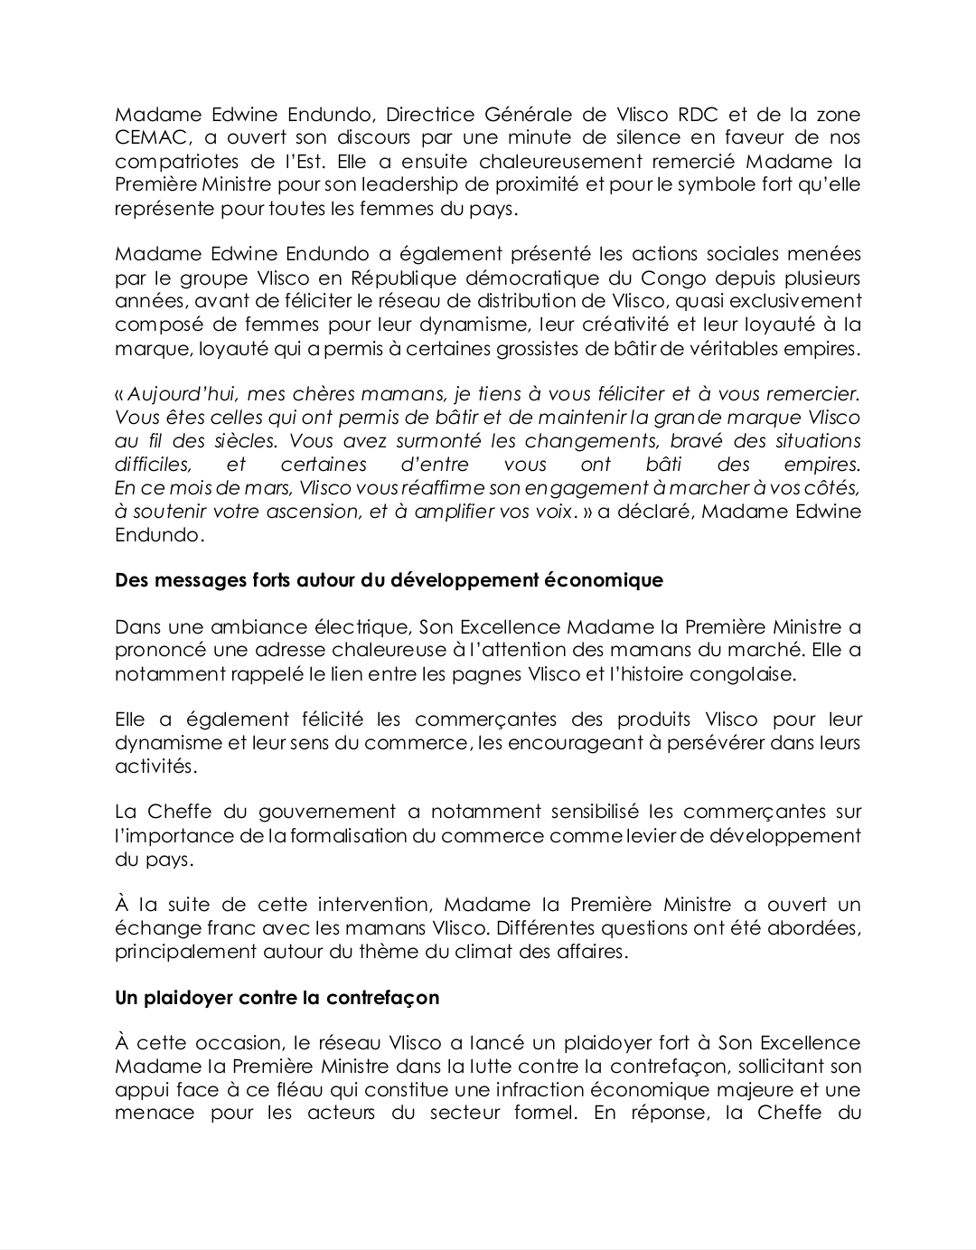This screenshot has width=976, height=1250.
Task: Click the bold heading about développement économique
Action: tap(389, 580)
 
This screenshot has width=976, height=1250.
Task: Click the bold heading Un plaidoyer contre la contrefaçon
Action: tap(277, 998)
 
